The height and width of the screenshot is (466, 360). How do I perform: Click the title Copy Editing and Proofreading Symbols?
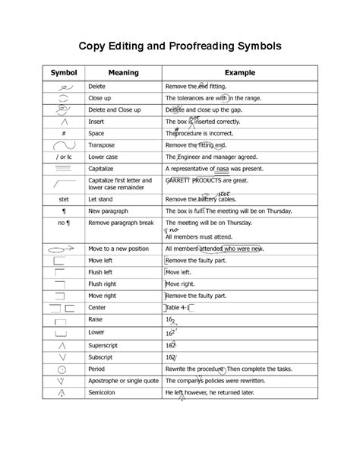click(180, 46)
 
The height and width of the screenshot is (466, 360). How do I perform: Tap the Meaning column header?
click(123, 72)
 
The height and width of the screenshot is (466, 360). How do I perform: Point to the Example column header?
click(244, 72)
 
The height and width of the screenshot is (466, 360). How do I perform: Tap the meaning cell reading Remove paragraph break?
click(122, 223)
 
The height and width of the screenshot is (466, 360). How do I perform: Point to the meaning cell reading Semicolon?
click(105, 393)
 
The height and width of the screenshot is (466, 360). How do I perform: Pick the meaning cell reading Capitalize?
click(105, 169)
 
